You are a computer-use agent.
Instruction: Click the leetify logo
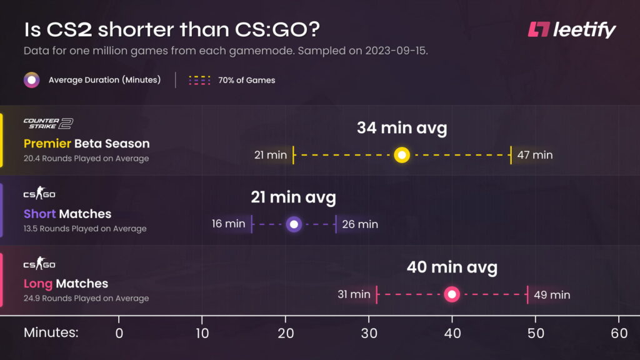[571, 29]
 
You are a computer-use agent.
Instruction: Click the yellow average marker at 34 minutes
[402, 155]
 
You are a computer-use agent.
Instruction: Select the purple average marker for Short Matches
[294, 224]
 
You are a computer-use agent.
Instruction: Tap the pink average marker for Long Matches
[452, 294]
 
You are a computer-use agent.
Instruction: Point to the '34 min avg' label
[402, 129]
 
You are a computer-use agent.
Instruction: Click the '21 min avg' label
[293, 198]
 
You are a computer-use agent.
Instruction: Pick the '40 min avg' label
[452, 268]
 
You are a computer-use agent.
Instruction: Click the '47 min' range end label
[535, 155]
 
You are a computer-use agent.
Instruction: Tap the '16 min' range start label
[228, 224]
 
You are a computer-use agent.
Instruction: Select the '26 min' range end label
[360, 224]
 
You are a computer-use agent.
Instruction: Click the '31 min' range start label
[354, 294]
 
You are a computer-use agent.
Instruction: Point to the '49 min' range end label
[552, 294]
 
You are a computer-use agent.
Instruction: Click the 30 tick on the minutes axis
[369, 333]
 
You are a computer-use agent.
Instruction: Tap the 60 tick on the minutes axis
[619, 333]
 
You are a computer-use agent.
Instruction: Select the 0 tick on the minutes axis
[119, 333]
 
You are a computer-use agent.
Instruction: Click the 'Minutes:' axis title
[51, 333]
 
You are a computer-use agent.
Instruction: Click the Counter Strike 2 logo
[48, 123]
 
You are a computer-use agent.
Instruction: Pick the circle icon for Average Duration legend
[32, 80]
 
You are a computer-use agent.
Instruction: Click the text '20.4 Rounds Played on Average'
[86, 159]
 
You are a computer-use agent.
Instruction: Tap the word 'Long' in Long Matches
[37, 284]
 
